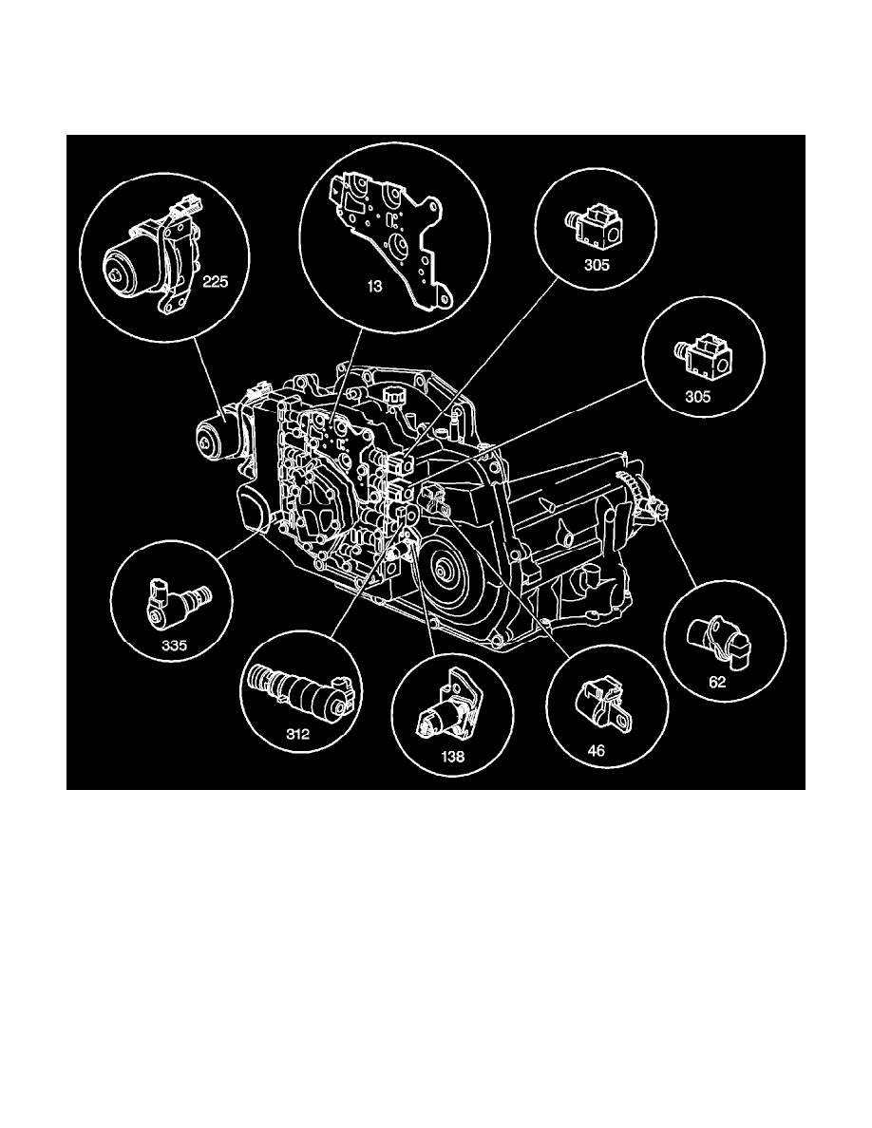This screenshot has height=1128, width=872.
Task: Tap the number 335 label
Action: click(174, 646)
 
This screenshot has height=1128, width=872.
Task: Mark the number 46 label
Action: click(596, 749)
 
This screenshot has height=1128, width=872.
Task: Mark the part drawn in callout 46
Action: click(598, 703)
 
